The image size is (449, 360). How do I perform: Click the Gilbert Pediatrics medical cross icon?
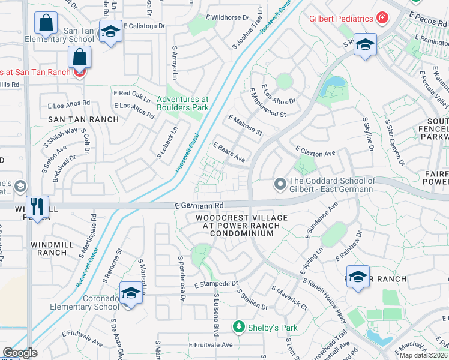pos(382,19)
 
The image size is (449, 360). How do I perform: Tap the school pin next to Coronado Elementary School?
pos(130,293)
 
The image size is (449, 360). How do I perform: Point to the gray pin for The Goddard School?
pos(280,184)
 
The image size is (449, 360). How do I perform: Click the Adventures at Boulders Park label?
pos(182,103)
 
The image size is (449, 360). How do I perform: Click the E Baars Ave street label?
pos(229,152)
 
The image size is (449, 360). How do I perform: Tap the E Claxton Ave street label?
pos(315,153)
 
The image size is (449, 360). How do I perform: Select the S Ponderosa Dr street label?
pos(179,275)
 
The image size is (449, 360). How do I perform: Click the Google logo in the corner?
pos(20,353)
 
